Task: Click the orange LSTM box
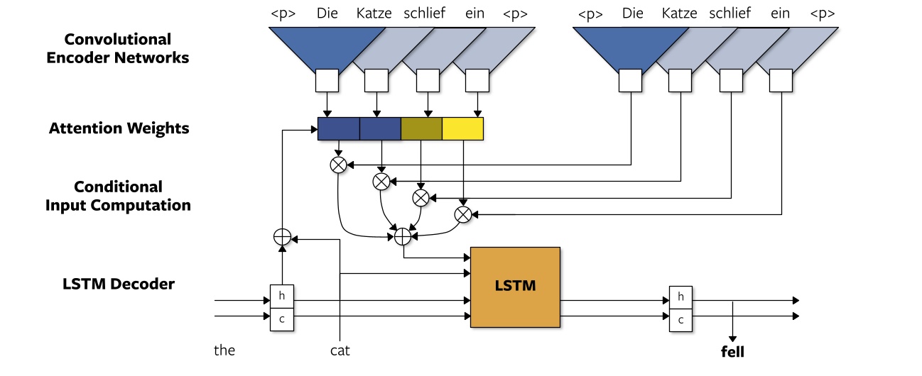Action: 515,287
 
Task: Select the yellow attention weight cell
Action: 462,128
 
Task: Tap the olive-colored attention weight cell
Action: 421,128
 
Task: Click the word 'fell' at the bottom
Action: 732,350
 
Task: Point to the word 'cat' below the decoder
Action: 340,350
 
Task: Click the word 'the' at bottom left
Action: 224,350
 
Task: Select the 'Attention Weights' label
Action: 119,128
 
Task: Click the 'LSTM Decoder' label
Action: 119,284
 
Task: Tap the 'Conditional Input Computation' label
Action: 119,196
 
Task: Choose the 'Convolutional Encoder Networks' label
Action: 118,49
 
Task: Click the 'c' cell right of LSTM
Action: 681,319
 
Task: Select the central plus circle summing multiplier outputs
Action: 403,236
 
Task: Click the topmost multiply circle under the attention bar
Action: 339,165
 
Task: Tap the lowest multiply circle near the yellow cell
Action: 463,213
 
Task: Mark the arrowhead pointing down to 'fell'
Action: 732,338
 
